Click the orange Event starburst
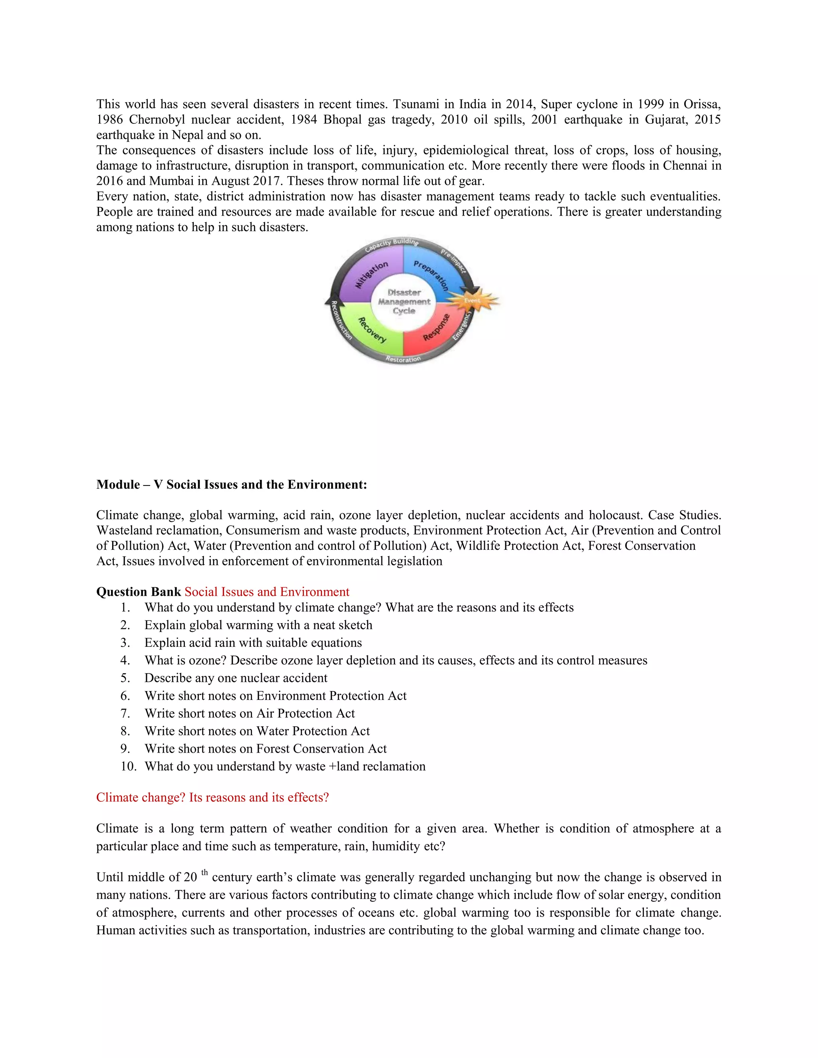[x=472, y=300]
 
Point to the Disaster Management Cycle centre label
[x=404, y=301]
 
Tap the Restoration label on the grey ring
[x=403, y=359]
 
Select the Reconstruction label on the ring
[x=341, y=320]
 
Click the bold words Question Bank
[x=139, y=592]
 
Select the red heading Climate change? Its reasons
[x=212, y=797]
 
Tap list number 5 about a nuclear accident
[x=125, y=678]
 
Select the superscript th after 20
[x=204, y=872]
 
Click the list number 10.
[x=129, y=767]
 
